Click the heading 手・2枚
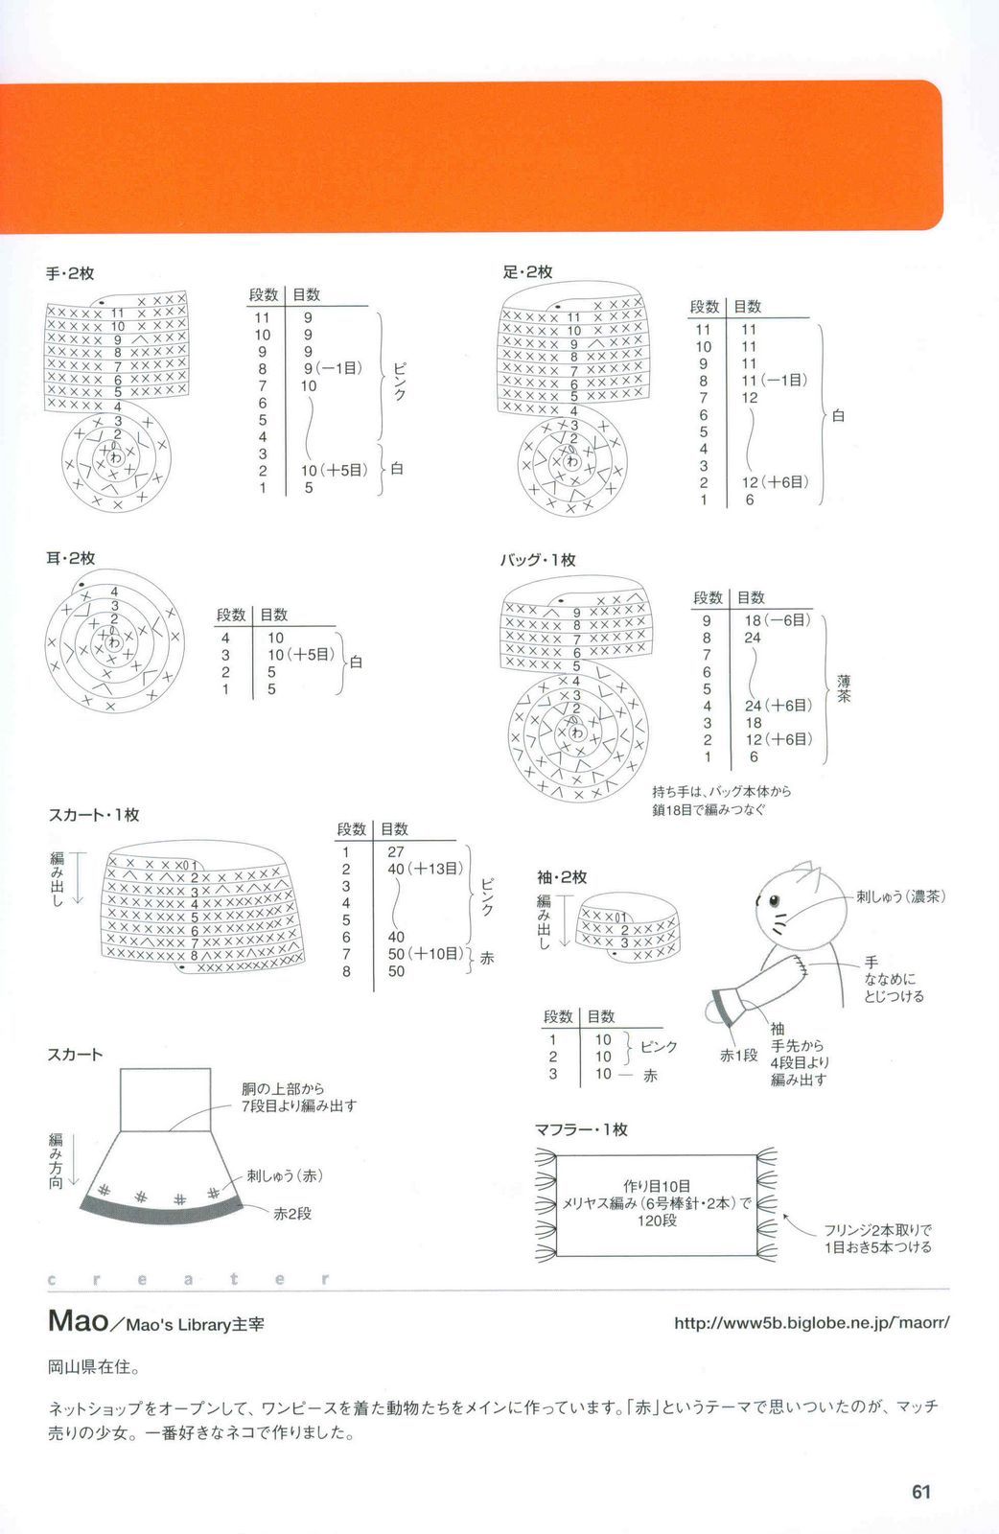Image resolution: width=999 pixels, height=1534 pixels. (x=70, y=274)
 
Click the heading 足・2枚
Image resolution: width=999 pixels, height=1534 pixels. (x=527, y=272)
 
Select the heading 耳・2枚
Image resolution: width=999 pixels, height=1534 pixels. (x=70, y=558)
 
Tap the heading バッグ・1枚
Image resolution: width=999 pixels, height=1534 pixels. (x=537, y=560)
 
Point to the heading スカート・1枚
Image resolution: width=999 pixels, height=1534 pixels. (x=93, y=815)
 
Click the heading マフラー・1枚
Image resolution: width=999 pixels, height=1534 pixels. (x=581, y=1129)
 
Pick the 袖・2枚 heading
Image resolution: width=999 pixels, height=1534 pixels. (x=562, y=877)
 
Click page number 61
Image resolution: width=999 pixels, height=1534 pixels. (x=921, y=1492)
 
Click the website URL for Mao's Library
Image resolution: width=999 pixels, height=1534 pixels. (x=811, y=1323)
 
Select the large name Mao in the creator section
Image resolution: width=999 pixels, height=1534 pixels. (x=78, y=1321)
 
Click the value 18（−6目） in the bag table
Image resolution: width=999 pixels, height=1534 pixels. (x=777, y=620)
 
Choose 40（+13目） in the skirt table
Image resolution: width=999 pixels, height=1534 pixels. (x=425, y=869)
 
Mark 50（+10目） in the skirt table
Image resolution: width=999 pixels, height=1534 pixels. (x=425, y=954)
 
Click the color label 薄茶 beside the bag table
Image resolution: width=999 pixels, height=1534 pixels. (x=844, y=688)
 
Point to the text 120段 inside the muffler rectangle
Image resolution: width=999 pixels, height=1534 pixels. (x=657, y=1220)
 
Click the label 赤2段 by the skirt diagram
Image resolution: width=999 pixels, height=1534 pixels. (x=292, y=1214)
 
